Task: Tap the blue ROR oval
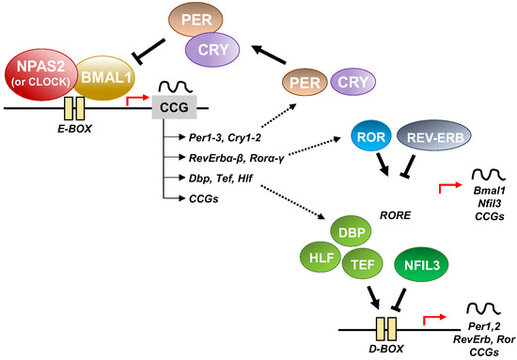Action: click(368, 135)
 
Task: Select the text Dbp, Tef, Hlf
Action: click(220, 177)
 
